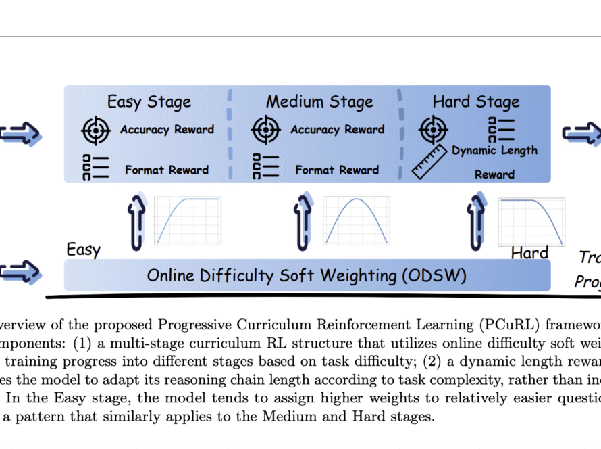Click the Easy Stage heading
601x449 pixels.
(x=149, y=102)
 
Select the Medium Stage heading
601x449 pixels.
(x=319, y=102)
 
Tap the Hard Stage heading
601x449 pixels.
(x=476, y=102)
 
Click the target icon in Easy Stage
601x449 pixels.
(x=96, y=131)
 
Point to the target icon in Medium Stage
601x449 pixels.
(x=266, y=131)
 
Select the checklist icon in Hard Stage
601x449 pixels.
(x=500, y=130)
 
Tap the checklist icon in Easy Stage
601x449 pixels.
(x=95, y=167)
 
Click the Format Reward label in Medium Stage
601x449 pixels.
(x=337, y=170)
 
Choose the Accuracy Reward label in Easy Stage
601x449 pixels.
(x=167, y=130)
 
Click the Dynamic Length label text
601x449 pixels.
(x=494, y=150)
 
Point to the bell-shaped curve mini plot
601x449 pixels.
(x=357, y=220)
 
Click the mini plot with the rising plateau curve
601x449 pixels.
(x=188, y=220)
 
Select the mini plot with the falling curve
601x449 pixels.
(x=531, y=220)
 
